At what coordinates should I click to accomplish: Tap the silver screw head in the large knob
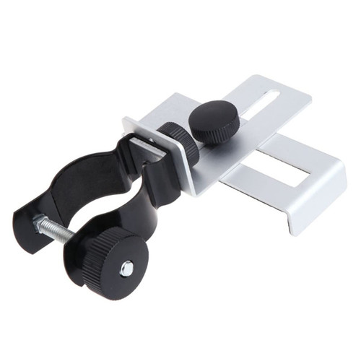coord(127,269)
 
